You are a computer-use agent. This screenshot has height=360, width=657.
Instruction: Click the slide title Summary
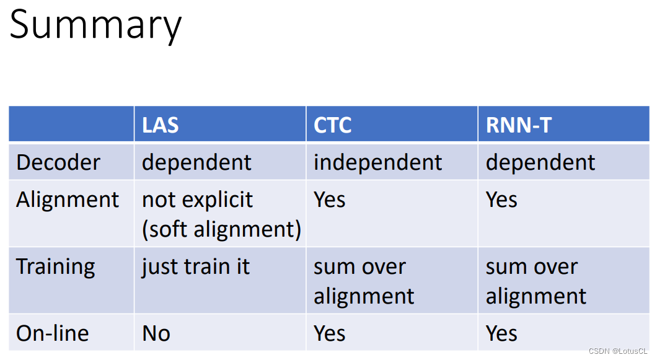point(95,25)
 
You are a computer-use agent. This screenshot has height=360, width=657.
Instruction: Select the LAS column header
point(160,125)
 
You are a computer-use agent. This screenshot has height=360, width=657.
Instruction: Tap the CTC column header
point(332,125)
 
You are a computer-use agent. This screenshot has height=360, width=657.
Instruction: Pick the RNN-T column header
point(518,125)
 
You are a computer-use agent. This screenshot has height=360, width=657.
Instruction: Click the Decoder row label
point(58,162)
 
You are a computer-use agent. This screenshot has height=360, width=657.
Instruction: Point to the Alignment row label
point(67,200)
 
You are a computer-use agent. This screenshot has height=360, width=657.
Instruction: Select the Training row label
point(56,266)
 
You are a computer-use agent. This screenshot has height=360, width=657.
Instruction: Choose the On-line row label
point(53,333)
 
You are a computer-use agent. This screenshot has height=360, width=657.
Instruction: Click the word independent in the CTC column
point(377,162)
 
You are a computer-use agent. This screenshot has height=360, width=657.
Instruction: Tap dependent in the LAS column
point(196,162)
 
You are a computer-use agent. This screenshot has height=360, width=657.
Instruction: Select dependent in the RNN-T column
point(540,162)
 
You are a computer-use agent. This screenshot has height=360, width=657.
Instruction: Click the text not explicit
point(197,200)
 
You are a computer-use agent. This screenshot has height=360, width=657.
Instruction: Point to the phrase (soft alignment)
point(221,229)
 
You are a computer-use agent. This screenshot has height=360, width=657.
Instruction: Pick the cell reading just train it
point(195,266)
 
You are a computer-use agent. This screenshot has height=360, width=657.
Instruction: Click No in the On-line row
point(156,333)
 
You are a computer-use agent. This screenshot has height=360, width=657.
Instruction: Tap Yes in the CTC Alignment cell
point(329,200)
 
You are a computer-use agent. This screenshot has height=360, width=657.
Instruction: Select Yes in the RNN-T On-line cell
point(501,333)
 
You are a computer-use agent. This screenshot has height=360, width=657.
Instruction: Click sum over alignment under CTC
point(363,281)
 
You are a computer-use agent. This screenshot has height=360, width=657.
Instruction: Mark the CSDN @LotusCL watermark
point(617,351)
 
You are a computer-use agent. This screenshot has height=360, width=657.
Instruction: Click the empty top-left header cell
point(71,125)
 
